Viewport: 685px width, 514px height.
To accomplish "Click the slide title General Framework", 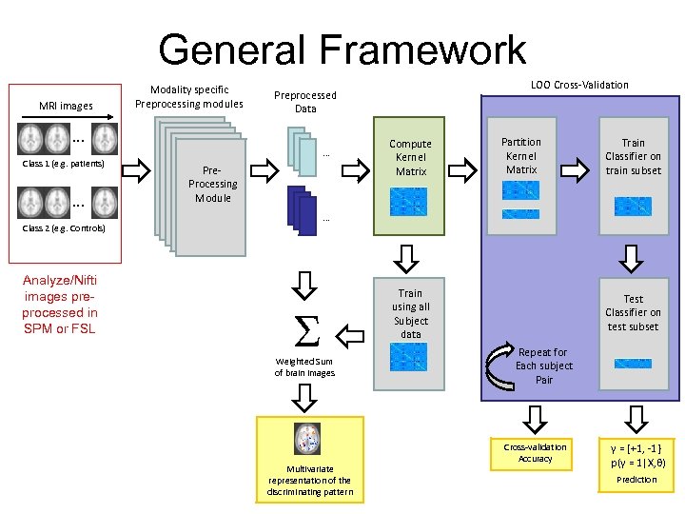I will (x=342, y=49).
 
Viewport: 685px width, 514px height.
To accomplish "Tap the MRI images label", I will (x=66, y=105).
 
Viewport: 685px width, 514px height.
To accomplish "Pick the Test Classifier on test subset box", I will (x=633, y=328).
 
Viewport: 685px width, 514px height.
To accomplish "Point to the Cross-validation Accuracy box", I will (x=535, y=452).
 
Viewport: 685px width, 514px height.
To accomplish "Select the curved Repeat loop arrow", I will (x=501, y=366).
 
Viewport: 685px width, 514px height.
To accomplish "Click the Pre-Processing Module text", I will (x=213, y=184).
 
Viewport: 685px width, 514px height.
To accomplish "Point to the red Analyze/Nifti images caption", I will (x=60, y=304).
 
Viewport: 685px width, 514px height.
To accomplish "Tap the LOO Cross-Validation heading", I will (x=579, y=85).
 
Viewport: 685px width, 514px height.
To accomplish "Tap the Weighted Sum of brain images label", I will (x=304, y=366).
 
